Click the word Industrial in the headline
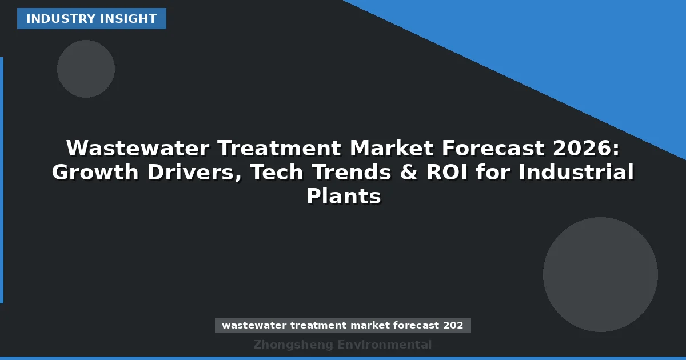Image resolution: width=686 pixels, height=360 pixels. coord(576,173)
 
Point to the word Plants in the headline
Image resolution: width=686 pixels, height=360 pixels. coord(343,197)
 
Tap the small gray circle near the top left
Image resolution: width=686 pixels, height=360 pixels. coord(86,69)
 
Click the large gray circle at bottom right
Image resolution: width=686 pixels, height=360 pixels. coord(600,274)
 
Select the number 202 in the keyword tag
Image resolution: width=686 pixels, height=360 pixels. coord(453,326)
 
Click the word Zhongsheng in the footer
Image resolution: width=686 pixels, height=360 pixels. coord(293,345)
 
